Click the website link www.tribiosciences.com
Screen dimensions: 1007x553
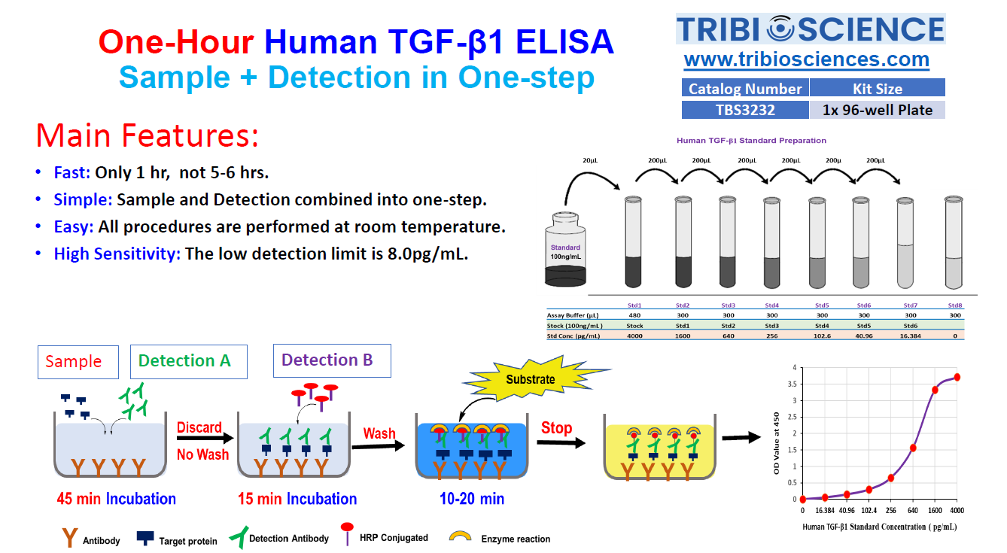[x=807, y=59]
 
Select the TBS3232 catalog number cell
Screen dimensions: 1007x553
[x=745, y=110]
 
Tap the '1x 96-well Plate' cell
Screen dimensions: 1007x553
[x=877, y=110]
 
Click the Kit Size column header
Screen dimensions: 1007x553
[x=877, y=88]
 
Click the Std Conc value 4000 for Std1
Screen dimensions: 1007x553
[x=634, y=336]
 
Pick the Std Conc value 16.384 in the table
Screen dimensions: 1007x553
[x=911, y=336]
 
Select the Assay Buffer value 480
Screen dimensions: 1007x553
[x=634, y=315]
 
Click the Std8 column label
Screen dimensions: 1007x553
[x=955, y=305]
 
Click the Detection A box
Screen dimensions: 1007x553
[x=189, y=361]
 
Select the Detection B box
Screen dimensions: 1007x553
[x=332, y=360]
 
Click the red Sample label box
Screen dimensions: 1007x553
[x=78, y=362]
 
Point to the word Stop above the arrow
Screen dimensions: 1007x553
[x=556, y=427]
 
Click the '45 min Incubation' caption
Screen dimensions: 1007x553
[x=117, y=499]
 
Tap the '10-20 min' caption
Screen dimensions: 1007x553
[x=472, y=499]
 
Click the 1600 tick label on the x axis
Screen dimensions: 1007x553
[x=935, y=511]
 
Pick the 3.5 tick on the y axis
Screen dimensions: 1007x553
[x=792, y=384]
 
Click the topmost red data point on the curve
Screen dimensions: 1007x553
[x=957, y=377]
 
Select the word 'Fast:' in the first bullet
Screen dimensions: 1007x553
[x=72, y=172]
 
